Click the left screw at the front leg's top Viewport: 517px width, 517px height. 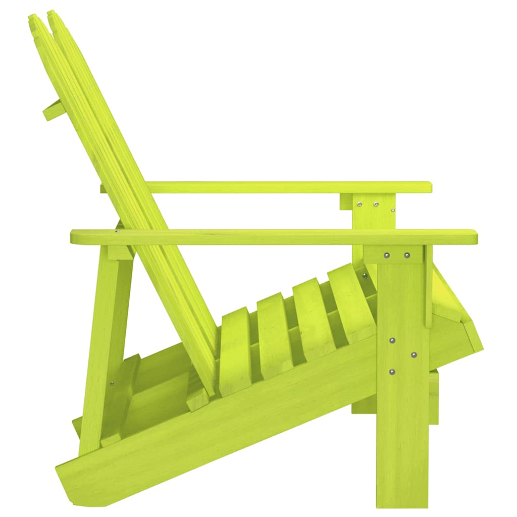click(387, 255)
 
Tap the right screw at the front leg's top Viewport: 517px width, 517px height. click(407, 255)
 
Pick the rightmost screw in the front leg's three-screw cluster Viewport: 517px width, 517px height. click(414, 355)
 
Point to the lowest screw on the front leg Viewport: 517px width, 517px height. click(392, 372)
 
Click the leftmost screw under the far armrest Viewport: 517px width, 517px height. click(359, 204)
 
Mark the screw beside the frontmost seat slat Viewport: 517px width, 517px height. click(365, 276)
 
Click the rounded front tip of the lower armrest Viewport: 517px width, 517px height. click(475, 236)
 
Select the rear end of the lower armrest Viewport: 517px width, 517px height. click(73, 236)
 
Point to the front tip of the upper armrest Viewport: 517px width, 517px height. click(429, 187)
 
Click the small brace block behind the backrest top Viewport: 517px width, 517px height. click(54, 110)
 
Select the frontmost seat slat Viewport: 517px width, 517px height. click(351, 303)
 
